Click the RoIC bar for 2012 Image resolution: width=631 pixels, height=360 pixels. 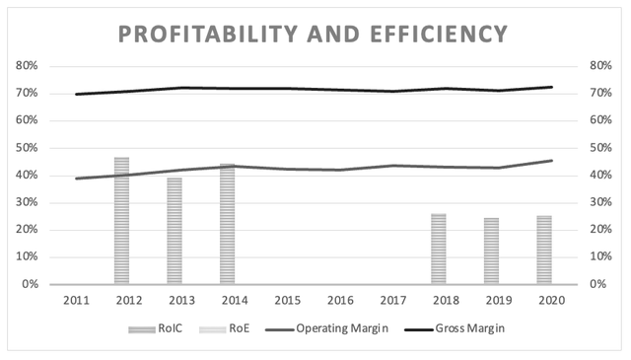(x=121, y=221)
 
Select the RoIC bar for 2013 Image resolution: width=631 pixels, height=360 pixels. (x=175, y=231)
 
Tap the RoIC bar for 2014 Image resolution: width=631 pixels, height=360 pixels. (x=228, y=224)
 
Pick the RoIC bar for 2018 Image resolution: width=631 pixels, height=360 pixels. (x=439, y=249)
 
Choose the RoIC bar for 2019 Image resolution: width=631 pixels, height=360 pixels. (x=491, y=251)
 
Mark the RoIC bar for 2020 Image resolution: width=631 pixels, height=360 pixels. (x=544, y=250)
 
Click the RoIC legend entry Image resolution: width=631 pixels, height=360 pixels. (x=156, y=328)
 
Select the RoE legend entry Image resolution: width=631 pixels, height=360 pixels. (x=224, y=328)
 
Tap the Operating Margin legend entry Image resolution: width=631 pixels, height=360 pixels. (x=326, y=328)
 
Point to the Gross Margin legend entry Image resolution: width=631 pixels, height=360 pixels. (x=455, y=328)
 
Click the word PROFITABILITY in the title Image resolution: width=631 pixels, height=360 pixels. (x=208, y=34)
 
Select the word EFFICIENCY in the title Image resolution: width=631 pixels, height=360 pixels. (x=439, y=34)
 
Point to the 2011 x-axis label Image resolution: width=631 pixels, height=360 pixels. (x=77, y=301)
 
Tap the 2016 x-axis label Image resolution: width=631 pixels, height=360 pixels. (x=340, y=301)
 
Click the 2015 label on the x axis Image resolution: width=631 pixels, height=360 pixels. (x=288, y=301)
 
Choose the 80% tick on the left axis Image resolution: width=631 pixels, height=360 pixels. (x=27, y=66)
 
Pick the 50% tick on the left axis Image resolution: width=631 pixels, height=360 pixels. (x=27, y=148)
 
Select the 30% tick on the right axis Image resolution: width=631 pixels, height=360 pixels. (x=600, y=202)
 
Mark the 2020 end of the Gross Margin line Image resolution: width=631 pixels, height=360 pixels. (x=552, y=87)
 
